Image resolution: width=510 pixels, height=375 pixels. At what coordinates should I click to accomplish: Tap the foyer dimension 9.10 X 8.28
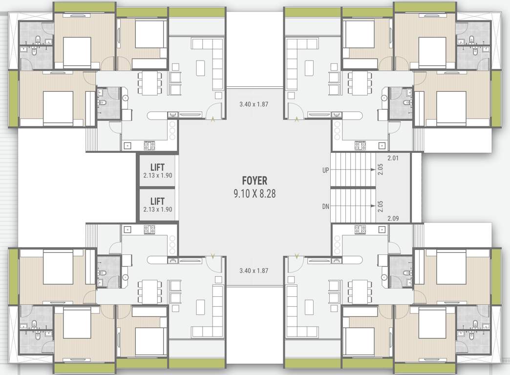[x=255, y=194]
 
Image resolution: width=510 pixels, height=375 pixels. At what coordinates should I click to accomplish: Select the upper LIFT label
[x=157, y=167]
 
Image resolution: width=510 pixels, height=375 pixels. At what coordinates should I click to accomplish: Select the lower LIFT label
[x=157, y=201]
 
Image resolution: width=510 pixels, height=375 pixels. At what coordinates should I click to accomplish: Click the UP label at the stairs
[x=325, y=170]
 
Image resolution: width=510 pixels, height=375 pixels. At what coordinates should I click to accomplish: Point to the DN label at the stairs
[x=325, y=207]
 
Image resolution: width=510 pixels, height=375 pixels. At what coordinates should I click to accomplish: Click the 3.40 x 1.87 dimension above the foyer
[x=254, y=104]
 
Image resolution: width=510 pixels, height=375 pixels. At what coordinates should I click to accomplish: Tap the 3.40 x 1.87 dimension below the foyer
[x=254, y=270]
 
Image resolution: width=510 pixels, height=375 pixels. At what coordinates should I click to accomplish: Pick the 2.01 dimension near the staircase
[x=393, y=158]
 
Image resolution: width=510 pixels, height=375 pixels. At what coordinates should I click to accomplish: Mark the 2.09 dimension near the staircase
[x=393, y=218]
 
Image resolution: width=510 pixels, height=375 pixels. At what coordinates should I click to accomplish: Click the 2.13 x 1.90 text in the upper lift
[x=158, y=175]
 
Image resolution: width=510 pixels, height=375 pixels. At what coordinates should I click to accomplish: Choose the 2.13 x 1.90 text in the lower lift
[x=158, y=209]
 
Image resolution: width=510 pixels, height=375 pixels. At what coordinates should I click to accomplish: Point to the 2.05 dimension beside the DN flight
[x=380, y=206]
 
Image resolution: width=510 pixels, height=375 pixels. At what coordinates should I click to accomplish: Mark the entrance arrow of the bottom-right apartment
[x=297, y=256]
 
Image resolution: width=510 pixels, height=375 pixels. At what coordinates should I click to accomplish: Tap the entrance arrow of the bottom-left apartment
[x=212, y=256]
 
